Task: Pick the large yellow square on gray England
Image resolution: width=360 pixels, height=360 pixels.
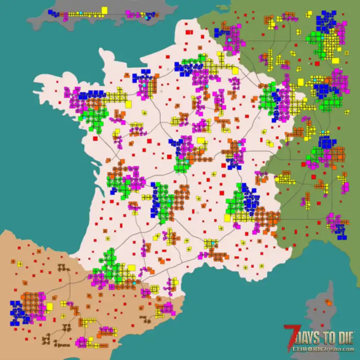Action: click(104, 10)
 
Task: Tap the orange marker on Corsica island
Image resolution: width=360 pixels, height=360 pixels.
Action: click(328, 303)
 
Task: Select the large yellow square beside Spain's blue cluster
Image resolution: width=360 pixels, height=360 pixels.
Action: click(50, 306)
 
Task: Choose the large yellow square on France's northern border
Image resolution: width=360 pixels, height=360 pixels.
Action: click(235, 71)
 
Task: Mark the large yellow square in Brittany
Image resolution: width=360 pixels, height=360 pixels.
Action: click(128, 104)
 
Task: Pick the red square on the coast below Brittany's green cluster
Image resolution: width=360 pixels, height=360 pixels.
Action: click(95, 138)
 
